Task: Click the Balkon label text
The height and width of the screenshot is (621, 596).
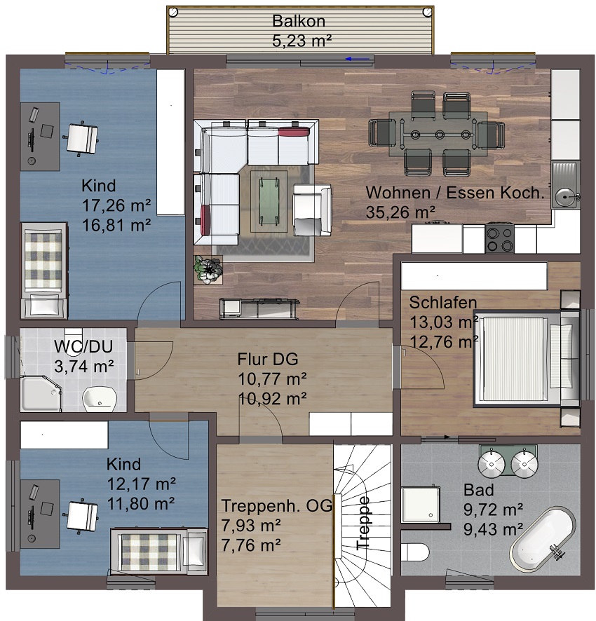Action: pyautogui.click(x=299, y=21)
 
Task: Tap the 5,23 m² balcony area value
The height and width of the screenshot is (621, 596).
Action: pyautogui.click(x=302, y=41)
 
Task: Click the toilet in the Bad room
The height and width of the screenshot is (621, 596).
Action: pyautogui.click(x=414, y=552)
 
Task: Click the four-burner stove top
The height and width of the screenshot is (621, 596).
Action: pyautogui.click(x=500, y=239)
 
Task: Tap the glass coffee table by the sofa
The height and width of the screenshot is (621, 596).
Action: pyautogui.click(x=269, y=201)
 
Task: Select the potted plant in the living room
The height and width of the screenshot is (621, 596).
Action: pyautogui.click(x=208, y=270)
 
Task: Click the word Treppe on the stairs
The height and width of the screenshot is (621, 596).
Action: pyautogui.click(x=363, y=523)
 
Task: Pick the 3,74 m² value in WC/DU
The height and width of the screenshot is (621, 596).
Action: pyautogui.click(x=84, y=367)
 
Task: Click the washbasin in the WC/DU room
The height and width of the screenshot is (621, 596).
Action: pyautogui.click(x=100, y=399)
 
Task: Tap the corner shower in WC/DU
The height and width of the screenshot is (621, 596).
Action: pyautogui.click(x=41, y=394)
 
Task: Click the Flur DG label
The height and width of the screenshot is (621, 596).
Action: pyautogui.click(x=268, y=360)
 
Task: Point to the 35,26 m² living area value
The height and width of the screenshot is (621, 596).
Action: pyautogui.click(x=400, y=212)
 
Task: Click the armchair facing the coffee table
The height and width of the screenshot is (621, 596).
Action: pyautogui.click(x=312, y=210)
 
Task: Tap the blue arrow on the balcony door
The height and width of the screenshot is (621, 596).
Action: pyautogui.click(x=358, y=59)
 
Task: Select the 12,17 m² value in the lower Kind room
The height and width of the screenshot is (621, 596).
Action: pyautogui.click(x=142, y=484)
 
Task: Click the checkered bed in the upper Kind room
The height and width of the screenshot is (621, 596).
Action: pyautogui.click(x=44, y=270)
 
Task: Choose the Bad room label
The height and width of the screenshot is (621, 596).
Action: pyautogui.click(x=479, y=490)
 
